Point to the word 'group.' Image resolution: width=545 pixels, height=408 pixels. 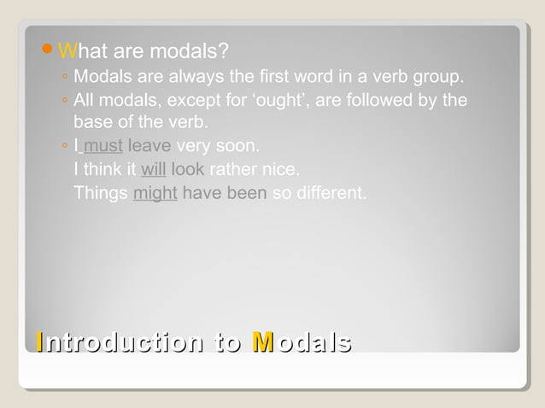(x=439, y=79)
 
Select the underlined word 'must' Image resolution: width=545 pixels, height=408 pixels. (x=103, y=146)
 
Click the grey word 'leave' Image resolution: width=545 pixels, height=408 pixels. (x=149, y=146)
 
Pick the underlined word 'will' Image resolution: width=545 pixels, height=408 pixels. (x=153, y=169)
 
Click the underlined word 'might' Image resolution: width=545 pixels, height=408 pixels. (x=155, y=193)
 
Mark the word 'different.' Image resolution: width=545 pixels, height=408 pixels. (x=331, y=193)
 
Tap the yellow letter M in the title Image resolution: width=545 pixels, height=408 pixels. (x=263, y=342)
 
